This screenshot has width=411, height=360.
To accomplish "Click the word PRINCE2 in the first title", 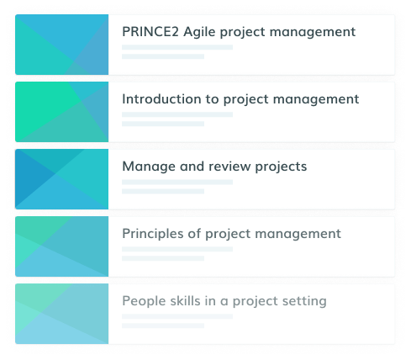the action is coord(150,31).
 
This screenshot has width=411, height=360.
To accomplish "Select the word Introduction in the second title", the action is coord(161,99).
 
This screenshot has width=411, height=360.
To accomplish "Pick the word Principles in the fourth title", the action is coord(153,234).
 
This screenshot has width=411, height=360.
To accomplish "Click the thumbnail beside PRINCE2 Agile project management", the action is coord(62,45).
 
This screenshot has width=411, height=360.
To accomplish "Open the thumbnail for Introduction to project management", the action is coord(62,112).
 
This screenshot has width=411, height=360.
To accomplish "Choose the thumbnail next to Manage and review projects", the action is coord(62,179).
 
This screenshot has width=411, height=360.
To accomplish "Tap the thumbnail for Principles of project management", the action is coord(62,246).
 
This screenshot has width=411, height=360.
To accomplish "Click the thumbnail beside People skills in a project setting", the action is coord(62,314).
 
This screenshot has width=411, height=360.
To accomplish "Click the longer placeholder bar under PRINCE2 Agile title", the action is coord(177,47).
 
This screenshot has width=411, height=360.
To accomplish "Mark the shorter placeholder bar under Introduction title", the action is coord(163,124).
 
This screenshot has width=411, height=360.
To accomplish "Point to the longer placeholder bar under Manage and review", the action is coord(177,182).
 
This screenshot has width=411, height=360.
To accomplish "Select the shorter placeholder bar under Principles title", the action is coord(163,258).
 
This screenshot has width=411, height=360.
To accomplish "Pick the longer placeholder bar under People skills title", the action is coord(177,316).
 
